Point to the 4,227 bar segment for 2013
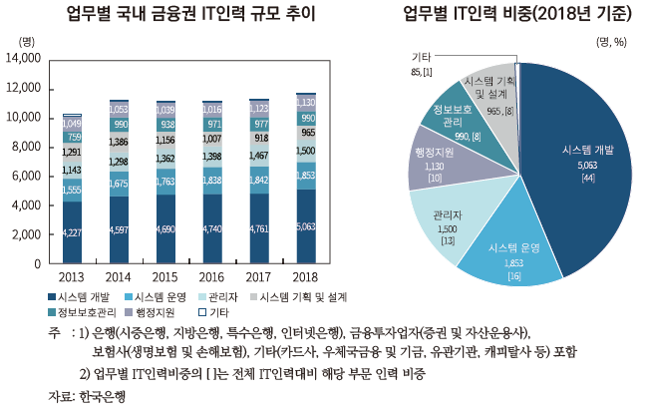tap(72, 231)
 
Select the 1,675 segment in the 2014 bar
tap(119, 185)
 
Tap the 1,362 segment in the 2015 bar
tap(165, 158)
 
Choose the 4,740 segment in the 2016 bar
tap(212, 227)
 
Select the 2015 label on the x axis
tap(165, 275)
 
